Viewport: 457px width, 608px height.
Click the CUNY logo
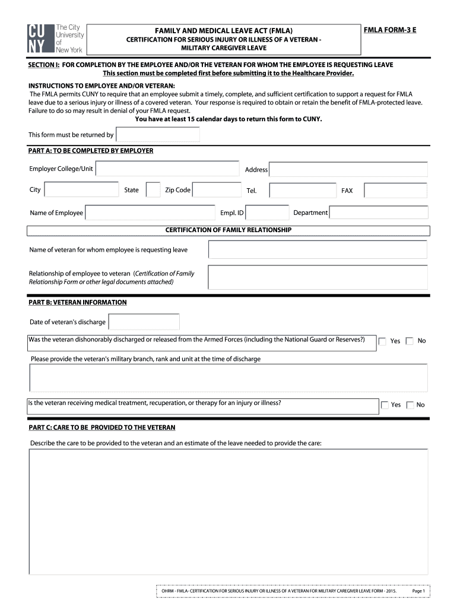pyautogui.click(x=56, y=39)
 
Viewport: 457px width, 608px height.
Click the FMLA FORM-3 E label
pyautogui.click(x=391, y=28)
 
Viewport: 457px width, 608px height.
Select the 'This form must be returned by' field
pyautogui.click(x=157, y=135)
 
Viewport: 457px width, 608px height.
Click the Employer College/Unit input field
pyautogui.click(x=167, y=169)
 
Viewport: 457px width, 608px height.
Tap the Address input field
pyautogui.click(x=348, y=169)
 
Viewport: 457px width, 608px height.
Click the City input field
pyautogui.click(x=82, y=190)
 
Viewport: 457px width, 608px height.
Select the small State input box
pyautogui.click(x=153, y=190)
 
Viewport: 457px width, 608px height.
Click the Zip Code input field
pyautogui.click(x=217, y=190)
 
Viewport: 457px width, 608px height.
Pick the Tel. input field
pyautogui.click(x=303, y=191)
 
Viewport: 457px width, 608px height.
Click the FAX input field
pyautogui.click(x=395, y=191)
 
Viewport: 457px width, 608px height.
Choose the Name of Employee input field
pyautogui.click(x=150, y=213)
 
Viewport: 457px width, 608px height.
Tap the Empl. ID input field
pyautogui.click(x=267, y=213)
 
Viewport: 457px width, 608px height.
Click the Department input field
pyautogui.click(x=379, y=213)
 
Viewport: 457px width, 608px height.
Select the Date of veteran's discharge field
pyautogui.click(x=144, y=322)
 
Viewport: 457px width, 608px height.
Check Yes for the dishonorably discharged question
pyautogui.click(x=383, y=341)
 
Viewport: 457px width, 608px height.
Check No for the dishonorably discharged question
pyautogui.click(x=410, y=341)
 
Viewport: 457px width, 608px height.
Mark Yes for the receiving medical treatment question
pyautogui.click(x=384, y=405)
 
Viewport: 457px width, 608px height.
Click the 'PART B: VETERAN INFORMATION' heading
pyautogui.click(x=78, y=302)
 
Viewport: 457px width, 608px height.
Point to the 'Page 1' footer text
pyautogui.click(x=419, y=591)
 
